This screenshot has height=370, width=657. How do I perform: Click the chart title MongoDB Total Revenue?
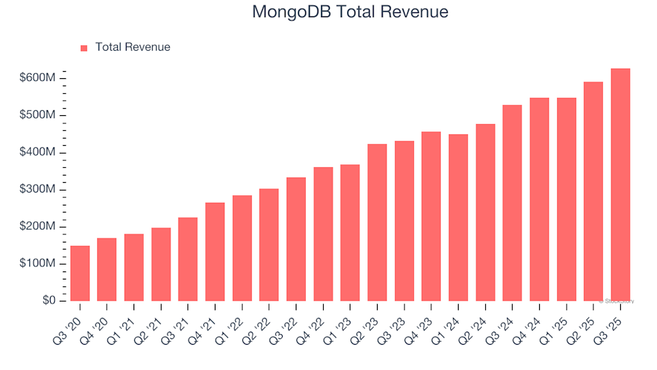click(x=350, y=12)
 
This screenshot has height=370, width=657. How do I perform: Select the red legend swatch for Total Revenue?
click(x=84, y=48)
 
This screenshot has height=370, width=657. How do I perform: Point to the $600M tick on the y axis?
click(x=38, y=78)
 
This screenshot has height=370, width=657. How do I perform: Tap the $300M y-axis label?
click(x=38, y=190)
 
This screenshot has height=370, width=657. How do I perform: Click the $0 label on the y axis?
click(x=48, y=301)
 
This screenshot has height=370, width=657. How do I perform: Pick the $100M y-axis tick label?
click(x=38, y=264)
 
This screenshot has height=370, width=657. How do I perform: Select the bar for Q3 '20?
click(x=80, y=273)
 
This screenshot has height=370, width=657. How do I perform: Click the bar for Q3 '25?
click(x=621, y=185)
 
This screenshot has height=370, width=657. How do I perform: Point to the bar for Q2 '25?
click(x=593, y=192)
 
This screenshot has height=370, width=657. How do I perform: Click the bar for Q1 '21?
click(x=134, y=267)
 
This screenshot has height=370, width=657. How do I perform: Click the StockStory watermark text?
click(x=617, y=301)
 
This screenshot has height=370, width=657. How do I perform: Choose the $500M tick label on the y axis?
click(x=38, y=115)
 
